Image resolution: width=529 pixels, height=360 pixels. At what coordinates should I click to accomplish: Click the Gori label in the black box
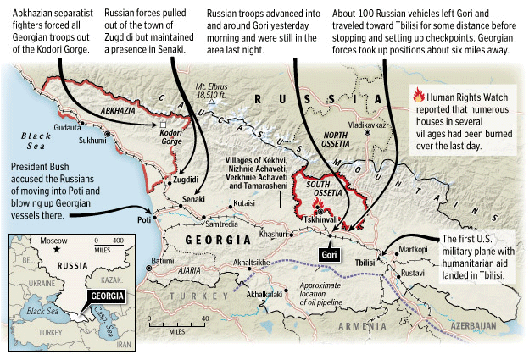point(330,254)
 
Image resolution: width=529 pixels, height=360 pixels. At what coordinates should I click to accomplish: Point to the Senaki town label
point(194,200)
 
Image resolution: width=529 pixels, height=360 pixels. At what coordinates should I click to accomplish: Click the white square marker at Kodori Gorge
point(162,125)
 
